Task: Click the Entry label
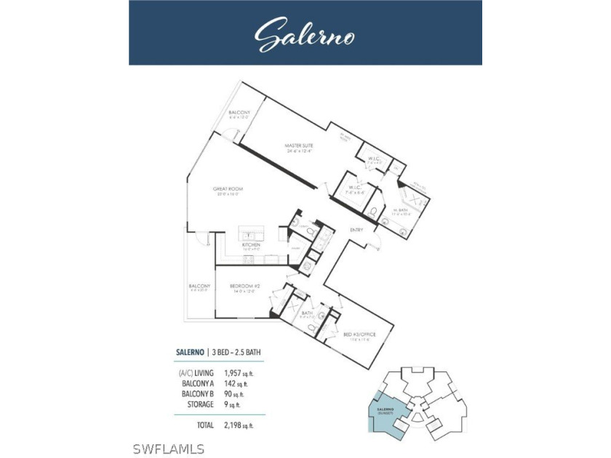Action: pyautogui.click(x=356, y=230)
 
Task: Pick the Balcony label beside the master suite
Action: pyautogui.click(x=239, y=114)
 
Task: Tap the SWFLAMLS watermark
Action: pyautogui.click(x=174, y=449)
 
